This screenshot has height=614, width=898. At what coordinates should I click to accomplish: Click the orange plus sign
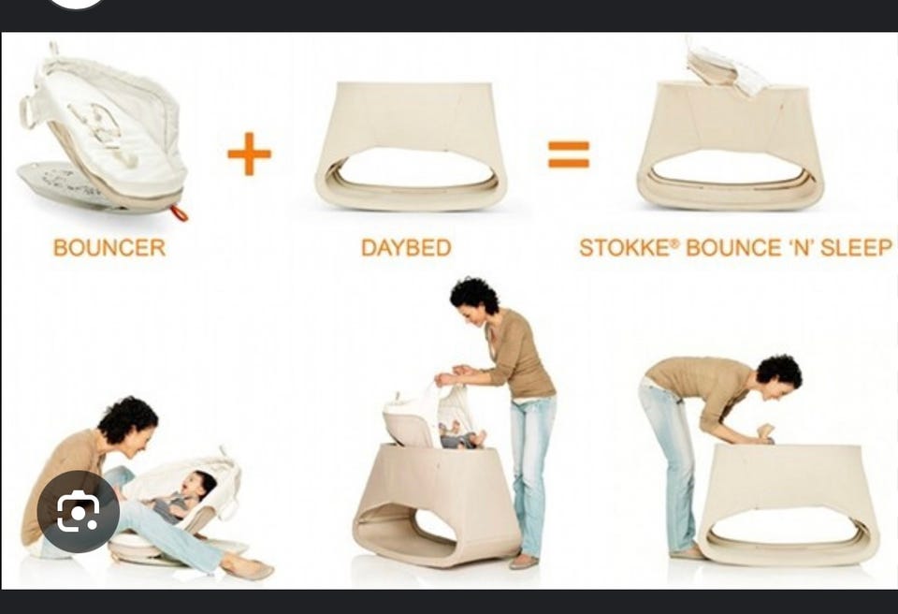tap(249, 153)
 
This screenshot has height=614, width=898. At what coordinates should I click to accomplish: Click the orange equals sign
tap(569, 154)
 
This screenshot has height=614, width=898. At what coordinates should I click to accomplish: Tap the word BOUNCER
tap(109, 248)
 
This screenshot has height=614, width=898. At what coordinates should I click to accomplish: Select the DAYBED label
tap(406, 248)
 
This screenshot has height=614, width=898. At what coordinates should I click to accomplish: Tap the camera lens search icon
tap(78, 511)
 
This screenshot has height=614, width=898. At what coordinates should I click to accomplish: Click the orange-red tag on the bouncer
tap(179, 213)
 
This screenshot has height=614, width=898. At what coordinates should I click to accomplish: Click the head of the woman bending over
tap(779, 378)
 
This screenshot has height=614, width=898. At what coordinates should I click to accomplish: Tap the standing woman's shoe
tap(524, 562)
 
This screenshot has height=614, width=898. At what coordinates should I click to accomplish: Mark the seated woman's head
tap(128, 424)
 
